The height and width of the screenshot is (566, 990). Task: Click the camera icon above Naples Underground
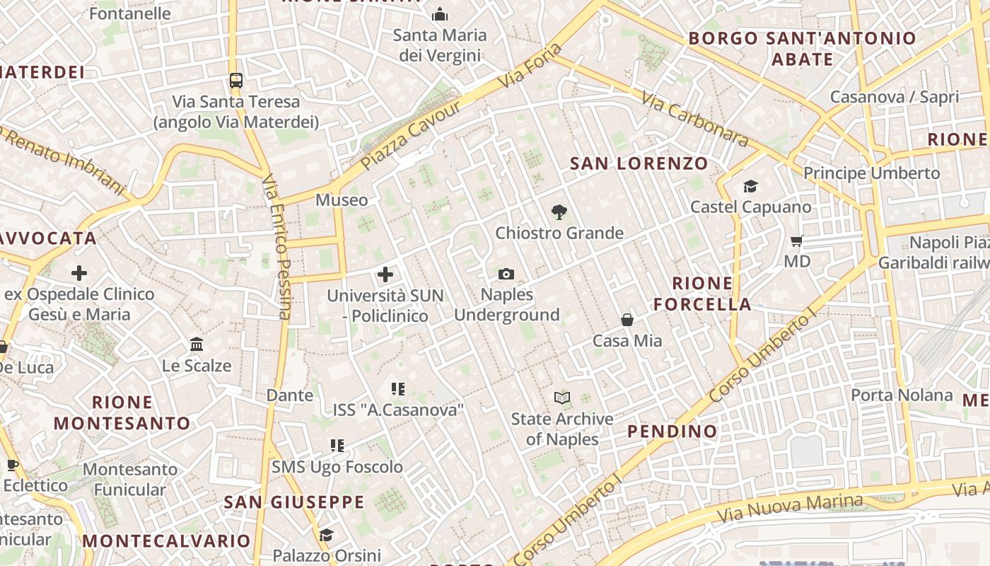click(506, 274)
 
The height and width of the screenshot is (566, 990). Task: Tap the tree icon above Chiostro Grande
click(559, 212)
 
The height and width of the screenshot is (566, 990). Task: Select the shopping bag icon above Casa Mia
click(627, 320)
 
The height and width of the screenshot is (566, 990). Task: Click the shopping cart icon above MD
click(797, 241)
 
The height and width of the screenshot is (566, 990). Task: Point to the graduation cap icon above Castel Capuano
click(750, 186)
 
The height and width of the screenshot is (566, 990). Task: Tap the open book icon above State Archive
click(562, 398)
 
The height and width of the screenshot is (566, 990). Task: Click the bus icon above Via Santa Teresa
click(236, 81)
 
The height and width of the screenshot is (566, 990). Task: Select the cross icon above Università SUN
click(385, 274)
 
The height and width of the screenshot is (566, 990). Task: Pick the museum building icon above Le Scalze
click(197, 345)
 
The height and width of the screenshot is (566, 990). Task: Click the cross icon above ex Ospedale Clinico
click(79, 272)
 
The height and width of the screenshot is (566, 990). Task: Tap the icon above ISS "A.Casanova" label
click(398, 388)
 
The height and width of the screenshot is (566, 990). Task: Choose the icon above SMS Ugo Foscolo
click(337, 446)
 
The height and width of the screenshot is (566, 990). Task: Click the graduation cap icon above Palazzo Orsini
click(326, 535)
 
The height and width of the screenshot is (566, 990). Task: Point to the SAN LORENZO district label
click(639, 163)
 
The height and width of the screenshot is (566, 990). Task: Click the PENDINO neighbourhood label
click(672, 431)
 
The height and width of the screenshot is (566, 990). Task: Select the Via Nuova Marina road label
click(791, 507)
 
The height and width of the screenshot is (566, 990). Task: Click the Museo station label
click(342, 200)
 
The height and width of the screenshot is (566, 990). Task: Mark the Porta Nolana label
click(902, 395)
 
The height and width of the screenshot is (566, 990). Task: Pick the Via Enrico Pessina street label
click(277, 248)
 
